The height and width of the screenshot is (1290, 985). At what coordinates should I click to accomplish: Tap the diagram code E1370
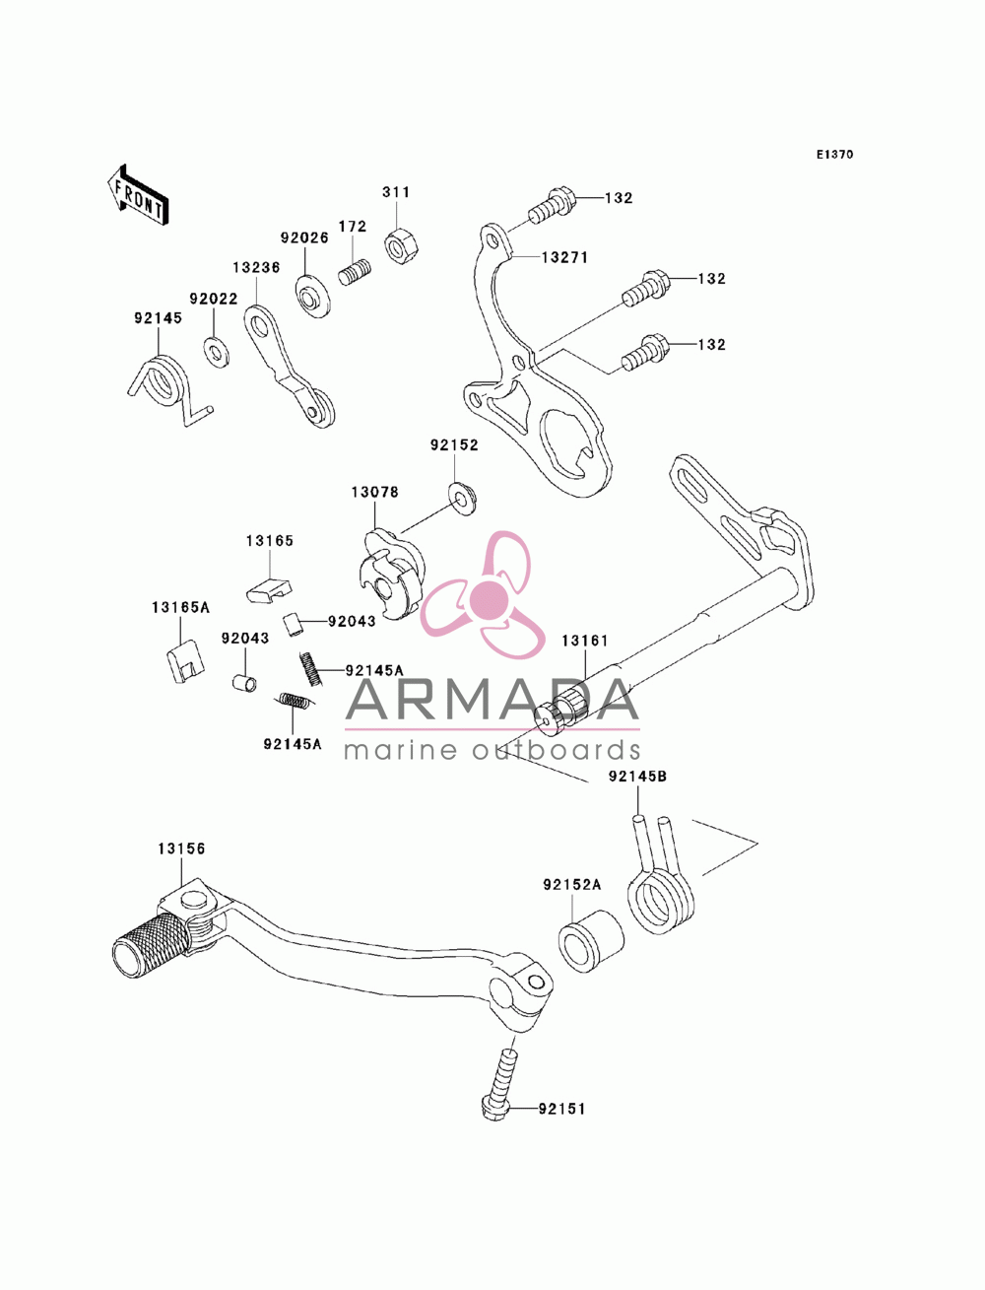pos(834,155)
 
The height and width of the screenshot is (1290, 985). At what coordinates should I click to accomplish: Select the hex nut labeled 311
pos(402,247)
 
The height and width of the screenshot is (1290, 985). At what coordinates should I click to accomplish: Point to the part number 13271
pos(564,257)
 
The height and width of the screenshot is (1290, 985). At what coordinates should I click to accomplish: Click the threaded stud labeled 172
pos(355,272)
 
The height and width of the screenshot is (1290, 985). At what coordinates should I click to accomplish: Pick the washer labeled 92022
pos(216,351)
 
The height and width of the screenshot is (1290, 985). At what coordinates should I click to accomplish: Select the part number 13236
pos(256,267)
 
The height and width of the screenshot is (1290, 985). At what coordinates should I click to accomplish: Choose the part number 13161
pos(584,641)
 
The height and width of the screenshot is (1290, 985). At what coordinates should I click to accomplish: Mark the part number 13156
pos(181,849)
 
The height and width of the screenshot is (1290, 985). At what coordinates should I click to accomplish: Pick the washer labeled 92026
pos(312,297)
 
